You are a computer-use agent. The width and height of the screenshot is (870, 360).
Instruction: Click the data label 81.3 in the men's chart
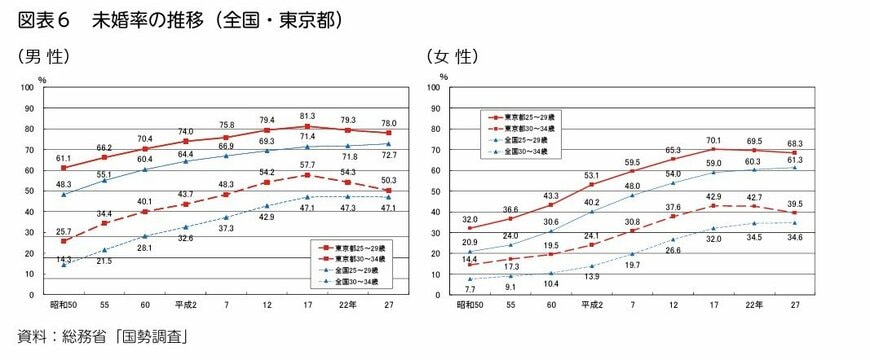307,116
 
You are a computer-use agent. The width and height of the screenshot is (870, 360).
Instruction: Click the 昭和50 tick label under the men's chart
64,304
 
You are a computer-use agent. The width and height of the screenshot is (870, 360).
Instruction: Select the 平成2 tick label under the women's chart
590,304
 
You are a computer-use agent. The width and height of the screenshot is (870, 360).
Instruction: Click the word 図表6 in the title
43,19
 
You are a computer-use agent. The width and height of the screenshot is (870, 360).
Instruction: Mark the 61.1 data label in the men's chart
63,158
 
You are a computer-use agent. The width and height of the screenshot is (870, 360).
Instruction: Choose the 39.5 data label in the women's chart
795,203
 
